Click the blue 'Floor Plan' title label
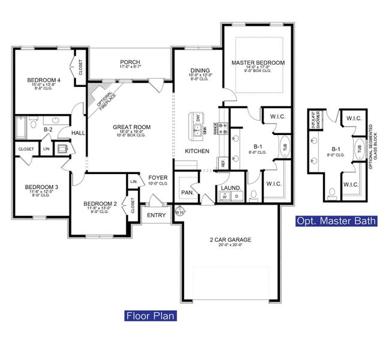click(150, 315)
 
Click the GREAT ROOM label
click(132, 127)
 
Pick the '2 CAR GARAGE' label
click(231, 239)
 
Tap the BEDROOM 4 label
click(41, 80)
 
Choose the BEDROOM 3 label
click(41, 187)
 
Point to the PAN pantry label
click(186, 192)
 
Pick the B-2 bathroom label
click(49, 128)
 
